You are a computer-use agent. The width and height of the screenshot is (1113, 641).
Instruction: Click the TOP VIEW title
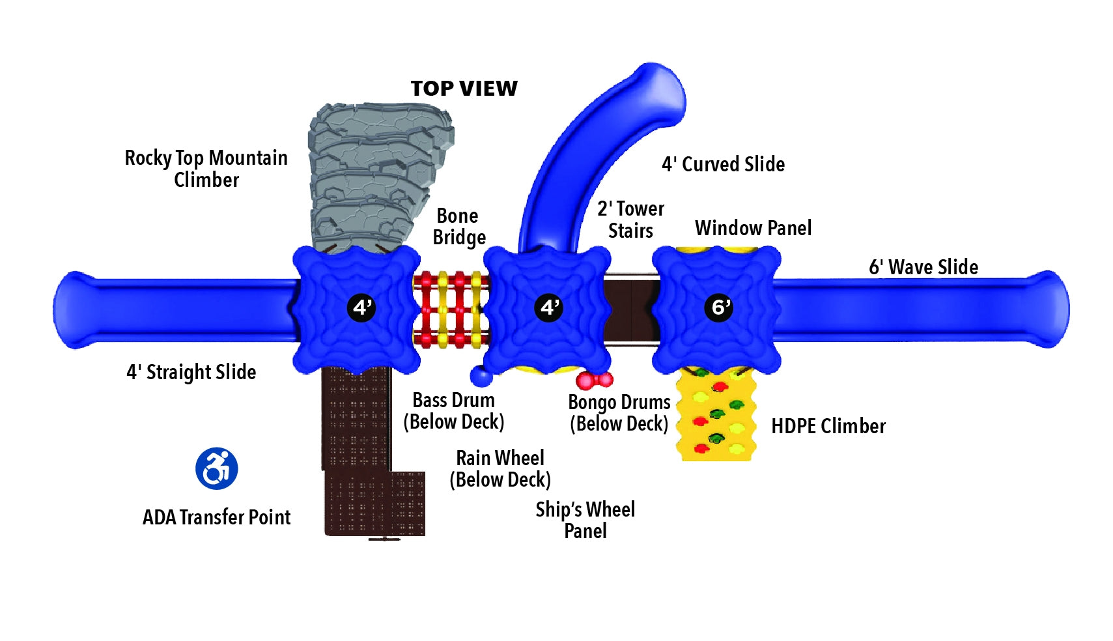[x=464, y=89]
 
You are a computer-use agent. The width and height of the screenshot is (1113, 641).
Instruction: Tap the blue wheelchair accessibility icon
[x=217, y=468]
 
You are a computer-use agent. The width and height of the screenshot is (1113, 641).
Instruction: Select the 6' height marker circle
[x=718, y=307]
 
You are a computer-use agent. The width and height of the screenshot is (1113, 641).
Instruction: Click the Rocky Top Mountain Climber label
[x=206, y=168]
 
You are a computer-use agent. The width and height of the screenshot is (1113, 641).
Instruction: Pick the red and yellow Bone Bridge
[x=451, y=309]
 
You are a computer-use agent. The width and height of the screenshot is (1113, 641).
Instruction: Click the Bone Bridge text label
[x=458, y=226]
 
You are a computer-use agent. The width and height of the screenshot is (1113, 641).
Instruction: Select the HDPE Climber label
[x=828, y=426]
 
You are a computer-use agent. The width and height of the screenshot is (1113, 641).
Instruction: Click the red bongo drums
[x=594, y=379]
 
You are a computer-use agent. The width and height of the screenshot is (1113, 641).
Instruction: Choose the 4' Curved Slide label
[x=723, y=164]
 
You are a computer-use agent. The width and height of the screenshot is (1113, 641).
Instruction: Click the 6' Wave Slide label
[x=923, y=267]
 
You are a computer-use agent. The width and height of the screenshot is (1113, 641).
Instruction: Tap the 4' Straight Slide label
[x=191, y=372]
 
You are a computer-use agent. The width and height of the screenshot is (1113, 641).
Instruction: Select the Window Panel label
[x=753, y=228]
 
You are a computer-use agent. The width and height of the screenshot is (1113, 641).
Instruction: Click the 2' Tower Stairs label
[x=630, y=220]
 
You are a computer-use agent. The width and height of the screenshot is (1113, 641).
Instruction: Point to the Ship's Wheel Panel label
[x=585, y=520]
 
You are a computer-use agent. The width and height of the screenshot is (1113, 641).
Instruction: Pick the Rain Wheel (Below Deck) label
[x=500, y=468]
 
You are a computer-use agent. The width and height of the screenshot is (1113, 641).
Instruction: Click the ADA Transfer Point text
[x=216, y=517]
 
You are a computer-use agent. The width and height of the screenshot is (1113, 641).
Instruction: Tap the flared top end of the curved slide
[x=658, y=91]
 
